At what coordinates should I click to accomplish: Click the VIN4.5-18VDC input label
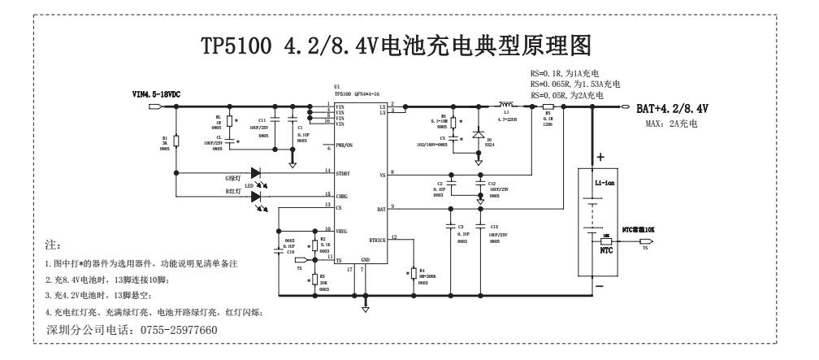(156, 95)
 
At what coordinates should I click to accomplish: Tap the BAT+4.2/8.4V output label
(672, 108)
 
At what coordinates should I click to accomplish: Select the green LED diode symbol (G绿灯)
(258, 172)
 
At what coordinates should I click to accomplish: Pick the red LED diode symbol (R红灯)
(258, 196)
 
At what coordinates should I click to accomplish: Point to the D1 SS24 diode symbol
(478, 134)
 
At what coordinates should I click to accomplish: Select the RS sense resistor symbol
(548, 107)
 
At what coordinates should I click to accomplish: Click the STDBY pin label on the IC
(344, 171)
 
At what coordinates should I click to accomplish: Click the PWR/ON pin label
(345, 146)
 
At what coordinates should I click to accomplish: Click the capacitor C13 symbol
(481, 225)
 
